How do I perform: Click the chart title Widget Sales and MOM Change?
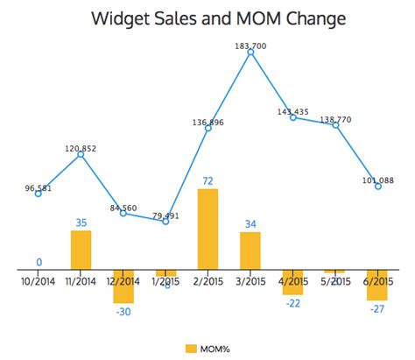[x=207, y=18]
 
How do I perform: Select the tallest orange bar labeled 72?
[x=208, y=229]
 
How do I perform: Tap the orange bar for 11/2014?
[x=81, y=250]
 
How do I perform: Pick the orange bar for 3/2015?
[x=250, y=251]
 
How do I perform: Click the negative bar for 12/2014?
[x=123, y=286]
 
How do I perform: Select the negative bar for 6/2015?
[x=377, y=286]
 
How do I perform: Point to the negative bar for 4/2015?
[x=292, y=282]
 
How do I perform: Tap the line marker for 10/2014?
[x=39, y=194]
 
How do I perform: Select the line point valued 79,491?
[x=165, y=221]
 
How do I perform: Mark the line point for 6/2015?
[x=377, y=187]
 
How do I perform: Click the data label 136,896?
[x=207, y=122]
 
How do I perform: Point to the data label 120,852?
[x=81, y=148]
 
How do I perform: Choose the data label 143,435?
[x=293, y=111]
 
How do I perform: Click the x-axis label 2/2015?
[x=208, y=281]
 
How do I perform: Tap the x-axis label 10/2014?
[x=39, y=281]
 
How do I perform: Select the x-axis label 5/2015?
[x=335, y=281]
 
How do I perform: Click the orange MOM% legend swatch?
[x=192, y=348]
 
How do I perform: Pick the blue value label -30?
[x=123, y=312]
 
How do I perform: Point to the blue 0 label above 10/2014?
[x=39, y=262]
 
